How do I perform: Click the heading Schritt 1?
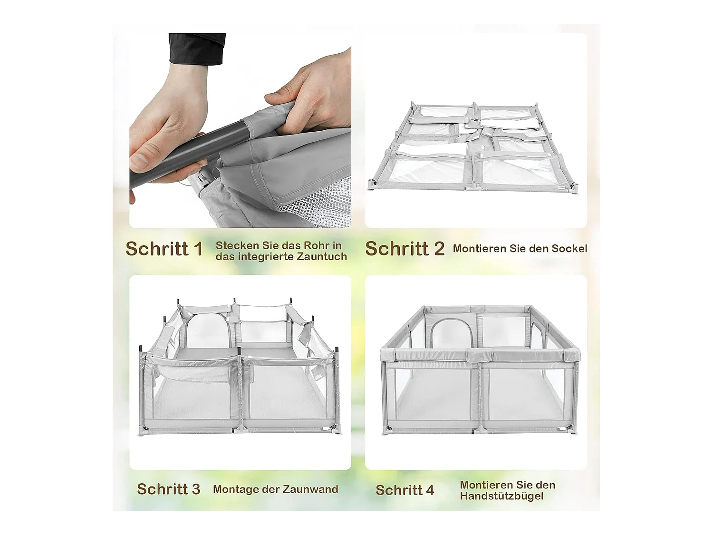164,249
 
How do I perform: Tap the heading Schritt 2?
405,249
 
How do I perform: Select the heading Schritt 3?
169,489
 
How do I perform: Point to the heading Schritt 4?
405,490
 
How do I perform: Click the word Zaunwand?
311,489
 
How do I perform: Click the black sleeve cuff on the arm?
197,49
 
